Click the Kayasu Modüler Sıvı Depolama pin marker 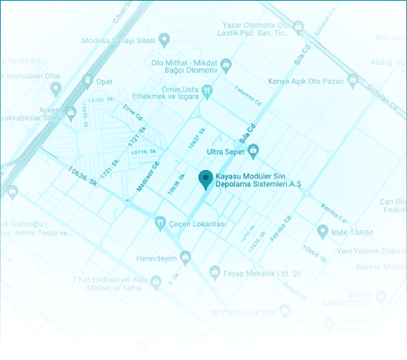[x=205, y=178]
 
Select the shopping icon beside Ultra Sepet [x=255, y=150]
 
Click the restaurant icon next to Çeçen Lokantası [x=160, y=223]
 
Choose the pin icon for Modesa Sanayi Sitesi [x=164, y=38]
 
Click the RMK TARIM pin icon [x=323, y=230]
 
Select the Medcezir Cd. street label [x=148, y=176]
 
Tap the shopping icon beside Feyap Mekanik [x=214, y=272]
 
